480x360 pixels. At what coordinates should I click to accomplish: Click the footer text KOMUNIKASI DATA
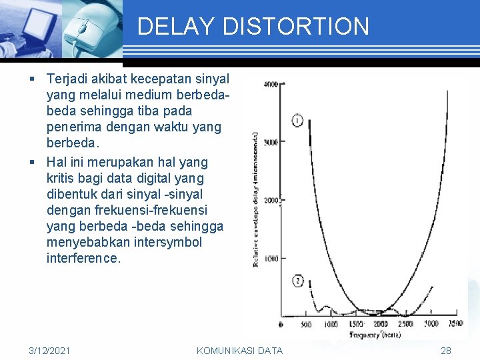click(x=239, y=351)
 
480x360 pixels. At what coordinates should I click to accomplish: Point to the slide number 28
click(x=446, y=351)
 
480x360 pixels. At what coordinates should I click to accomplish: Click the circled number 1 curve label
click(x=297, y=121)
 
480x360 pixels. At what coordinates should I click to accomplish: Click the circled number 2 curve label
click(x=297, y=281)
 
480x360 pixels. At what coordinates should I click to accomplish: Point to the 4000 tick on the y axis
click(x=271, y=84)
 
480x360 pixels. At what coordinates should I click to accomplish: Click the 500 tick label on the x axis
click(x=305, y=325)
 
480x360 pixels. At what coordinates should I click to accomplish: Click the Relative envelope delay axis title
click(x=255, y=200)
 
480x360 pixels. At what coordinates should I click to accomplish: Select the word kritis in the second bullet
click(x=61, y=178)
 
